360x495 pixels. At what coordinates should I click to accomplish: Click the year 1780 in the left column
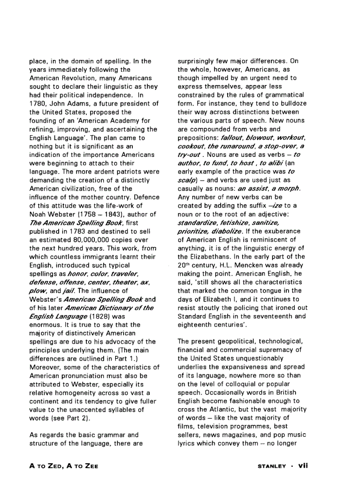(37, 104)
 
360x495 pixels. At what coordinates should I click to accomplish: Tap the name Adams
(79, 104)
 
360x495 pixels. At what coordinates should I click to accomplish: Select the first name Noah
(37, 215)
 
